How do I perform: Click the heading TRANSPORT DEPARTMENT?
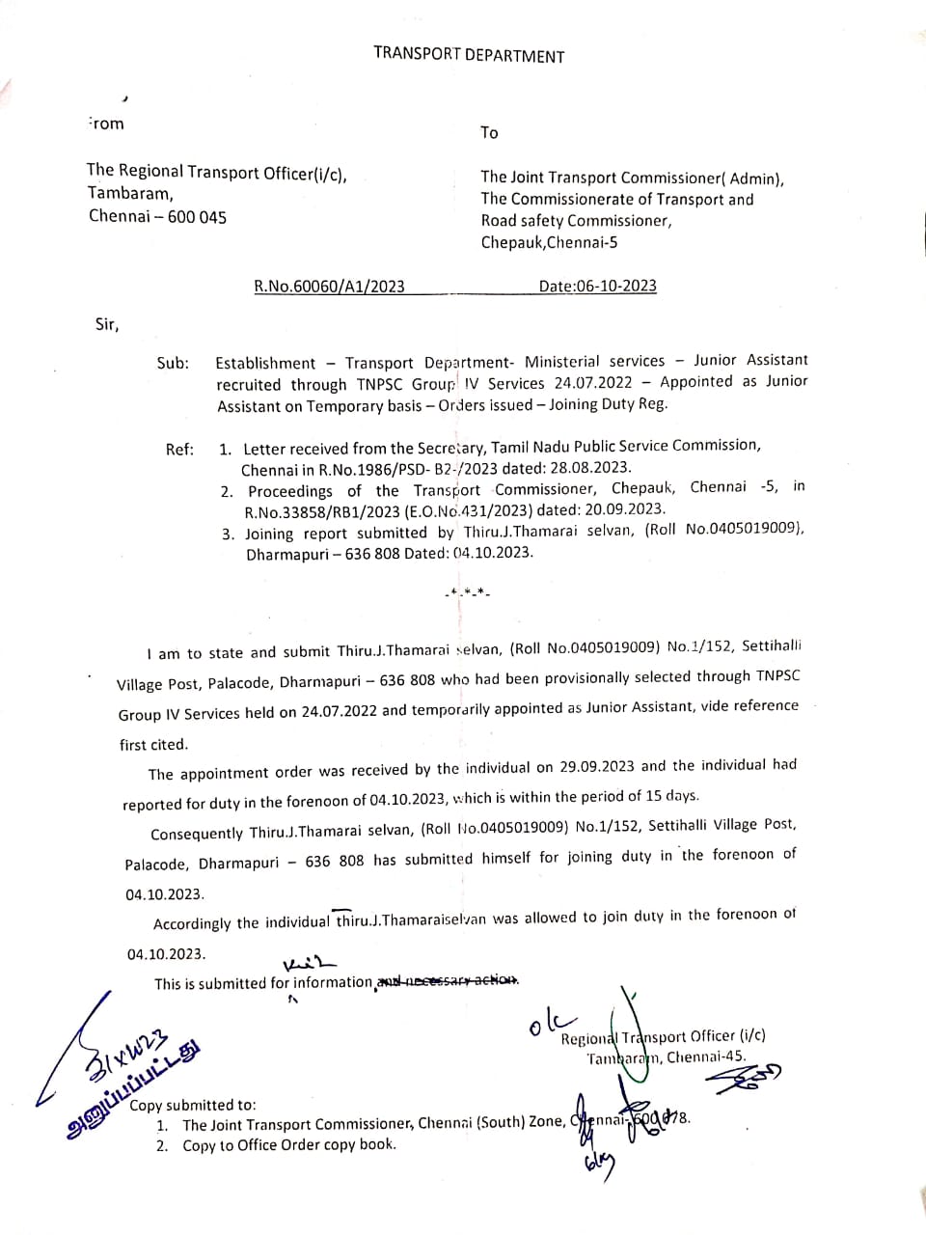point(469,55)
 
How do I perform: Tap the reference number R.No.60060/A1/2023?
point(329,286)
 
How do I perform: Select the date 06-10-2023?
point(616,286)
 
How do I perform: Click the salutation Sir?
point(107,324)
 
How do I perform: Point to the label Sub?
point(173,364)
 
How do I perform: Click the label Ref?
point(179,449)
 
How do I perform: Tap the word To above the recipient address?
point(489,132)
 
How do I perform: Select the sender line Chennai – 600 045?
point(157,216)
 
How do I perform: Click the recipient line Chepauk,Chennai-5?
point(549,242)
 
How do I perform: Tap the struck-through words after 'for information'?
point(448,980)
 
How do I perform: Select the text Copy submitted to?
point(193,1105)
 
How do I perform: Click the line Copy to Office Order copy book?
point(288,1145)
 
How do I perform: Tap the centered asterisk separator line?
point(467,590)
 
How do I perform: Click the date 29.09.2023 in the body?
point(597,767)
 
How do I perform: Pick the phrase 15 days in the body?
point(671,796)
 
